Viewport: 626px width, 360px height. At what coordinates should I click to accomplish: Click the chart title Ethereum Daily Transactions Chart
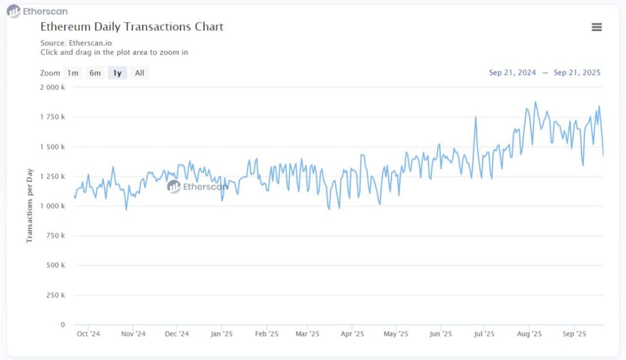(132, 27)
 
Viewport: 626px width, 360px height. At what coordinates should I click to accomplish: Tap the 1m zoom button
(73, 73)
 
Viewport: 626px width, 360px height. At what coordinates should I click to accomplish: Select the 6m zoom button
(95, 73)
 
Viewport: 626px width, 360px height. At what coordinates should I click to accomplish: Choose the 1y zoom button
(117, 73)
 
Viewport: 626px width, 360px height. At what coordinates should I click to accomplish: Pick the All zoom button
(139, 73)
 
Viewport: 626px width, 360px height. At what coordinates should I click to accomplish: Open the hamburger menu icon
(597, 27)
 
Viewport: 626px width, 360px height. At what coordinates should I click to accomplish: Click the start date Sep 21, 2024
(512, 73)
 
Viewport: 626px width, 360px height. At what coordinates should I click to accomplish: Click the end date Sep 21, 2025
(577, 73)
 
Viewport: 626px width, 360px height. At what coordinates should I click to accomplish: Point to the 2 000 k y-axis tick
(53, 87)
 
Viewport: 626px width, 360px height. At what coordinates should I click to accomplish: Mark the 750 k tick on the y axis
(55, 236)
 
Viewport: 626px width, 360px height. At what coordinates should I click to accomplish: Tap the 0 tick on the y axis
(63, 325)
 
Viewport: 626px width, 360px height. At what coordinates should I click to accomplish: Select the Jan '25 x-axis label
(221, 334)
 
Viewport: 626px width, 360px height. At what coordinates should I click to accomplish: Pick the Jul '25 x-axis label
(485, 334)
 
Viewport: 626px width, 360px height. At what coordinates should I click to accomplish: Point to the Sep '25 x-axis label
(574, 334)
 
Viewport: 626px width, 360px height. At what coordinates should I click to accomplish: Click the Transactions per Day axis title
(30, 206)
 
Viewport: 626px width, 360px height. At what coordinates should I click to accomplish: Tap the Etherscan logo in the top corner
(37, 11)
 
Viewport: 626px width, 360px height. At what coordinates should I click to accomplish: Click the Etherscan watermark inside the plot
(198, 186)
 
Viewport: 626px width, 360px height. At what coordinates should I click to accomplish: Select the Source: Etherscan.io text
(76, 43)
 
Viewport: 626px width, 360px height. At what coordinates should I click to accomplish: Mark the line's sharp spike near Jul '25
(476, 117)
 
